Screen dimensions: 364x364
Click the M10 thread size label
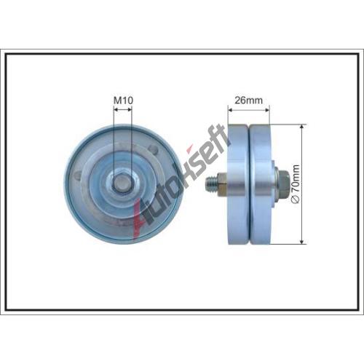[123, 100]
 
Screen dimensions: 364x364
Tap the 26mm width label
[248, 100]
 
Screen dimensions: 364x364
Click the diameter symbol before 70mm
[296, 200]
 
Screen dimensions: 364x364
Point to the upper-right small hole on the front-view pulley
[154, 148]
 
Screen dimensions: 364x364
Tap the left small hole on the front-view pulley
[77, 175]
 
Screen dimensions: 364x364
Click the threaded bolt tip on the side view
[211, 183]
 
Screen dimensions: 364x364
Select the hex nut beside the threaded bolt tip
[222, 183]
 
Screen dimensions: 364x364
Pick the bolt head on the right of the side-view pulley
[282, 182]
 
